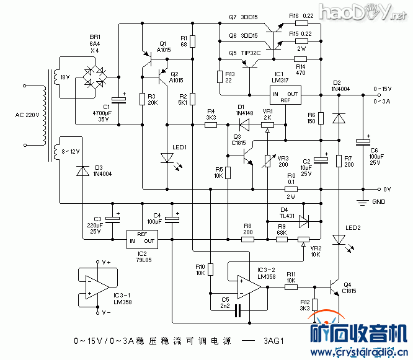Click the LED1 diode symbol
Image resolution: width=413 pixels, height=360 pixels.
(167, 157)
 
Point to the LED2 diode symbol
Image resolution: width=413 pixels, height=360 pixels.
(339, 239)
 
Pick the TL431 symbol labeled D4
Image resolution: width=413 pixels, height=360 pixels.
(303, 220)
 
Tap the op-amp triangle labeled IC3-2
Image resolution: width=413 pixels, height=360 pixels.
(248, 288)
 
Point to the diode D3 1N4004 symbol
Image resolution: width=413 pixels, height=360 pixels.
(81, 170)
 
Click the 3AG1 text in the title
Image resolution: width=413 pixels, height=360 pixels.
(273, 341)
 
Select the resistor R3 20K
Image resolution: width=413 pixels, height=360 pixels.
(142, 99)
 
